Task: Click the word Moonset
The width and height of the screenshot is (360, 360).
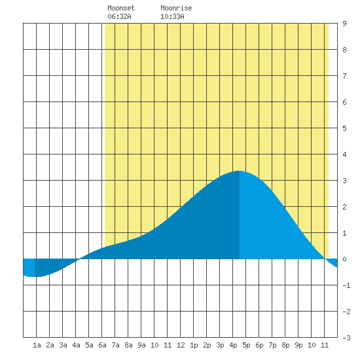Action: point(121,8)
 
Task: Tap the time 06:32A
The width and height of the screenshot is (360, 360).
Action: point(119,16)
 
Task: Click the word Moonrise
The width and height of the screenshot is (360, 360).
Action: point(176,8)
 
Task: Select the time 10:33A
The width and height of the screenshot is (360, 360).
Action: point(172,16)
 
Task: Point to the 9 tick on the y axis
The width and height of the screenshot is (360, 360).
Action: point(344,24)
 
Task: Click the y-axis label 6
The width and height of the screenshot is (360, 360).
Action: point(344,102)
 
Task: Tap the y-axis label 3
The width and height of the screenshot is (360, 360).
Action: point(344,181)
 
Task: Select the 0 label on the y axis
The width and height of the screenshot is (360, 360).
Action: point(344,259)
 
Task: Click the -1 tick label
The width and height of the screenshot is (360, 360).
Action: point(346,285)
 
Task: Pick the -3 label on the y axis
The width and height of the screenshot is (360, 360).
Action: point(346,338)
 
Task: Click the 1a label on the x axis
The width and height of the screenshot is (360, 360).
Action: point(37,345)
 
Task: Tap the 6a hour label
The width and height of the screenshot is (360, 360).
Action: point(102,345)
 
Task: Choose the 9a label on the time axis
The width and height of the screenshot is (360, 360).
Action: point(141,345)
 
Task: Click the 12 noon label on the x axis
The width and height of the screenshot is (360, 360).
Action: point(181,345)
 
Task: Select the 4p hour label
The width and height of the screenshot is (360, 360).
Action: point(233,345)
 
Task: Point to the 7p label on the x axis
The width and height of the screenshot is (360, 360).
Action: point(272,345)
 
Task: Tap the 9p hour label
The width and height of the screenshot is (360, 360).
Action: point(298,345)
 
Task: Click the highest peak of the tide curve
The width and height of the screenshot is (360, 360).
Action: point(239,171)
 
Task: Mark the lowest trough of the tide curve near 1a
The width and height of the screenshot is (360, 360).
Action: point(34,276)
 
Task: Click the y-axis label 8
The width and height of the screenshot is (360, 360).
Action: point(344,50)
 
